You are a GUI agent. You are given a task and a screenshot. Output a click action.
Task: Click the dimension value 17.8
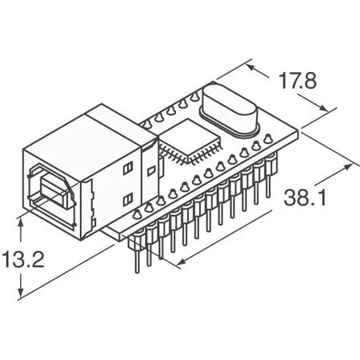[x=297, y=81]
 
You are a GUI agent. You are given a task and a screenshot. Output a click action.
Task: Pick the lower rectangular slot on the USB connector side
[x=128, y=197]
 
